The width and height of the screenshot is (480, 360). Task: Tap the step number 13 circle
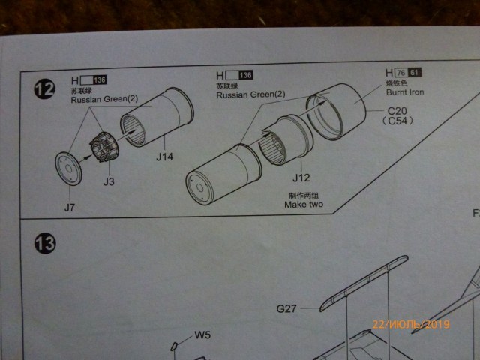click(x=43, y=244)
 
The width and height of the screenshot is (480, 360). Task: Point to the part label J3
click(x=109, y=181)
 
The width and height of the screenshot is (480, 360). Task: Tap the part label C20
click(x=396, y=111)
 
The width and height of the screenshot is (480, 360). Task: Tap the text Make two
click(x=307, y=204)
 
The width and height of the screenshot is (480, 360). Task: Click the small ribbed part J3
click(x=101, y=146)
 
